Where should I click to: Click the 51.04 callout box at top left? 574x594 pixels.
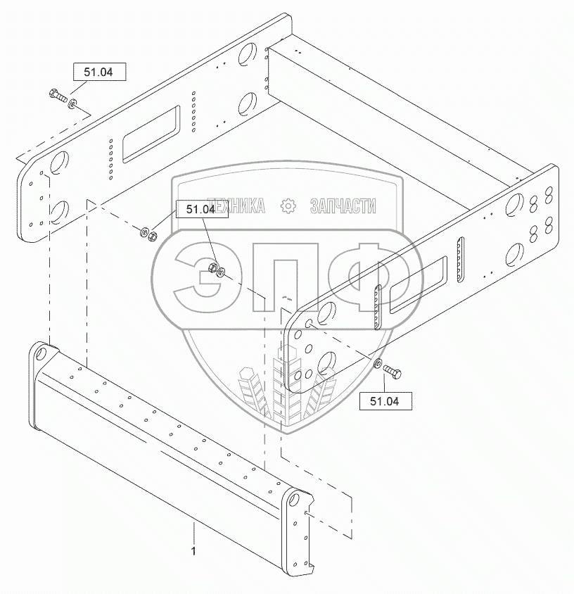pos(98,72)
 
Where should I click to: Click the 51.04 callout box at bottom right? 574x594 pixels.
pos(385,401)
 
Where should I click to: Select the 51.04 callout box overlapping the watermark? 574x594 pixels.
pos(202,209)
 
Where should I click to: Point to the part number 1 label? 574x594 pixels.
pos(193,551)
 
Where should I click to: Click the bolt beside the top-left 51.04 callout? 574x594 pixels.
pos(58,95)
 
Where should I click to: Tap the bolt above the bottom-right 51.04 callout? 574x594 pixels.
pos(393,372)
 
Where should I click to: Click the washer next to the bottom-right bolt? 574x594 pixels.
pos(378,364)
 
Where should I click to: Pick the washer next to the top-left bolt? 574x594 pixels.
pos(72,103)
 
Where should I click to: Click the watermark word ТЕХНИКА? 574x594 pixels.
pos(237,206)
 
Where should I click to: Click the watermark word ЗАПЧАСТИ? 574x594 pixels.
pos(343,206)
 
